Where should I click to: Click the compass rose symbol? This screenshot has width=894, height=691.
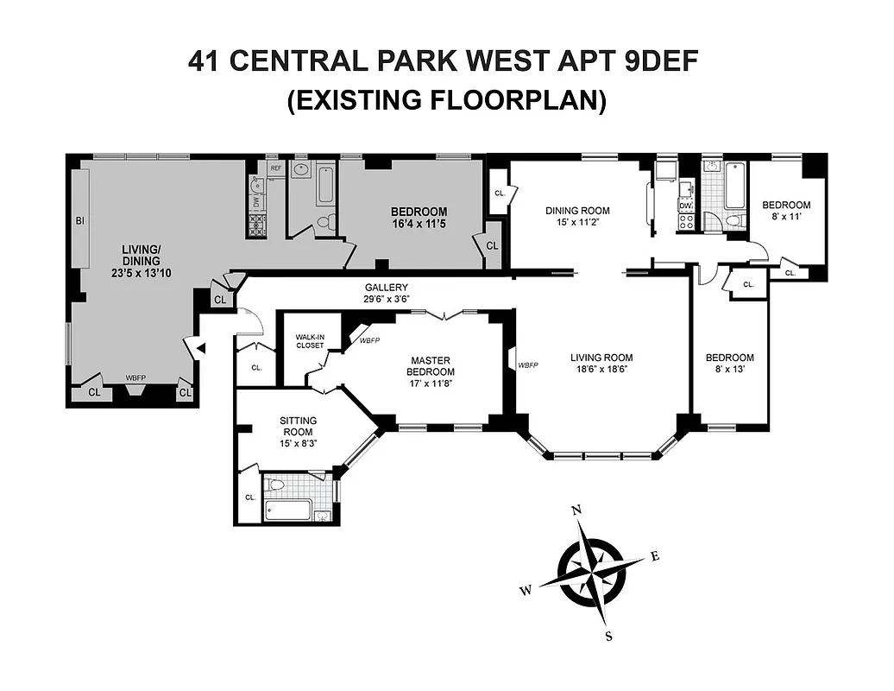[x=592, y=572]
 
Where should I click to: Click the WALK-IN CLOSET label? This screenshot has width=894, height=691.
[x=309, y=340]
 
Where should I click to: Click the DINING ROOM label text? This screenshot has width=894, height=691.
[x=577, y=211]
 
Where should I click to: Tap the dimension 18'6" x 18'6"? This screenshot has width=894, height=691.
[x=601, y=369]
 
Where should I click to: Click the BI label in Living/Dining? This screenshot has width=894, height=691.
[x=80, y=221]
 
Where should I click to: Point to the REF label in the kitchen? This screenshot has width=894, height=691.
[x=276, y=168]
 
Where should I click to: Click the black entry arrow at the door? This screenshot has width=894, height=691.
[x=201, y=348]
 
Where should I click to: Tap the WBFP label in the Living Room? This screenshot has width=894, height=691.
[x=528, y=365]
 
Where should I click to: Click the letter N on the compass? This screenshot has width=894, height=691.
[x=577, y=510]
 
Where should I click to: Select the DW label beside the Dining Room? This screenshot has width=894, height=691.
[x=685, y=206]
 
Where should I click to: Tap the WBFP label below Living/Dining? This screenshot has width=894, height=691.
[x=135, y=377]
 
